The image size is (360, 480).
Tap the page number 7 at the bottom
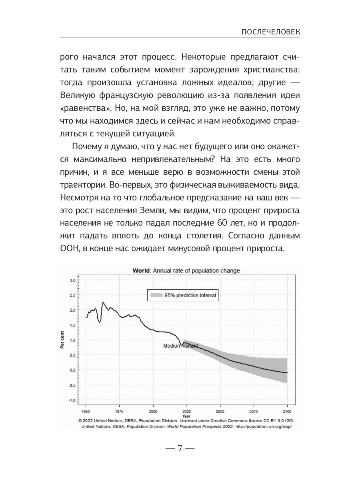180,448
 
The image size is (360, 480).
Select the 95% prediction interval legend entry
182,296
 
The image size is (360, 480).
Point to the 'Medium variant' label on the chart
180,346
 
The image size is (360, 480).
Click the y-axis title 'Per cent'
62,340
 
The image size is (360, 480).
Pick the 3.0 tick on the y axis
72,280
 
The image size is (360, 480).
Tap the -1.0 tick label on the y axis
72,400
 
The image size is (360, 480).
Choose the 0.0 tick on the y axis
72,370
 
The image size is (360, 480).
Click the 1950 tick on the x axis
86,411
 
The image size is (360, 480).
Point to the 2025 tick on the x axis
186,411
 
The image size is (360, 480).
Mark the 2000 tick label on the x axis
153,411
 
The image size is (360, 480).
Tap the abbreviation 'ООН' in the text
69,248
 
